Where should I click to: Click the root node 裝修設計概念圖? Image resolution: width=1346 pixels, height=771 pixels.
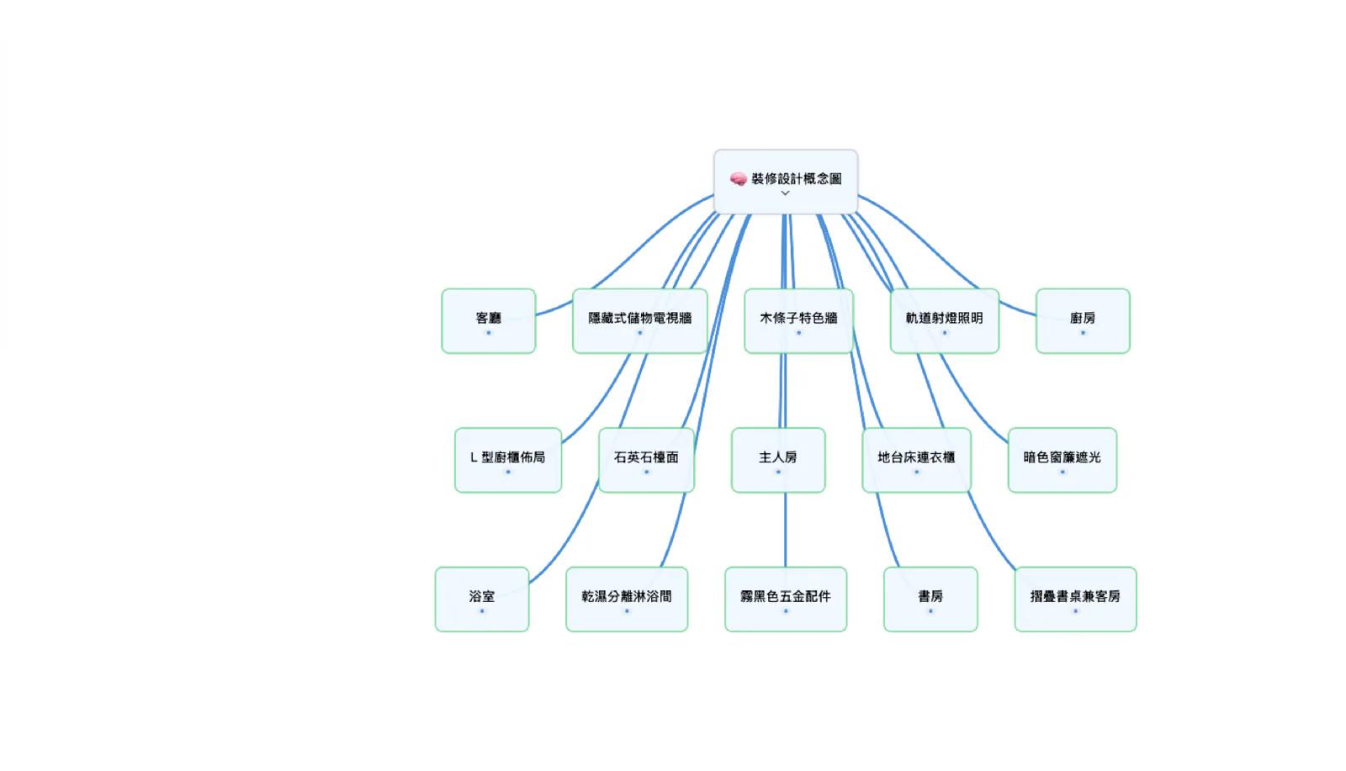click(786, 182)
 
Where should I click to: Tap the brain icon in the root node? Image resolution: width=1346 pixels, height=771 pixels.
click(738, 178)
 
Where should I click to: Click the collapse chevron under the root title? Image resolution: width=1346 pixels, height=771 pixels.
click(785, 193)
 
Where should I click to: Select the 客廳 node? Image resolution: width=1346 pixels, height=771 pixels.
click(489, 321)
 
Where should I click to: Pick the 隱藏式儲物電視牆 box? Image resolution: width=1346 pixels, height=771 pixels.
click(640, 321)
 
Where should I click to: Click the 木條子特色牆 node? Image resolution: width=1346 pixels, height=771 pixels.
click(798, 321)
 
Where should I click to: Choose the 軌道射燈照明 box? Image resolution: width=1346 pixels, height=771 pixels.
click(945, 321)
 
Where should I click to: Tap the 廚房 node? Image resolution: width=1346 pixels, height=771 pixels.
click(1083, 321)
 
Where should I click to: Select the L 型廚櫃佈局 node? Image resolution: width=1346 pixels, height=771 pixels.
click(508, 461)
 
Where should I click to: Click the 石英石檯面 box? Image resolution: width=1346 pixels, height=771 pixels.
click(647, 461)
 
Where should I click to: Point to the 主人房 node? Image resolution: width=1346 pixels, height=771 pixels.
click(778, 461)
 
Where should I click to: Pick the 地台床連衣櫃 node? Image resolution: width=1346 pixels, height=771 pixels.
click(916, 461)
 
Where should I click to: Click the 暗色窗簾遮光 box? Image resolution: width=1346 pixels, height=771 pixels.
click(1062, 461)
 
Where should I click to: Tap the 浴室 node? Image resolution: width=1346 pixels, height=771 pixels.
click(482, 599)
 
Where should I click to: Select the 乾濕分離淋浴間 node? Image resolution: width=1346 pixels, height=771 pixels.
click(627, 599)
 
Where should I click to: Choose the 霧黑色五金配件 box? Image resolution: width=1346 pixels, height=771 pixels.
click(786, 599)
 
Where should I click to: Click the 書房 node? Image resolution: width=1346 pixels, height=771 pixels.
click(930, 599)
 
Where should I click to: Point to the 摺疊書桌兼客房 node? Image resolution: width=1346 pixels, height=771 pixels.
click(1076, 599)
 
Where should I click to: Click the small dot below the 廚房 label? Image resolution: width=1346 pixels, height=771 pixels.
click(1083, 333)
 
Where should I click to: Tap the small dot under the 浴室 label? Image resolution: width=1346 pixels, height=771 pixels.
click(482, 611)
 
